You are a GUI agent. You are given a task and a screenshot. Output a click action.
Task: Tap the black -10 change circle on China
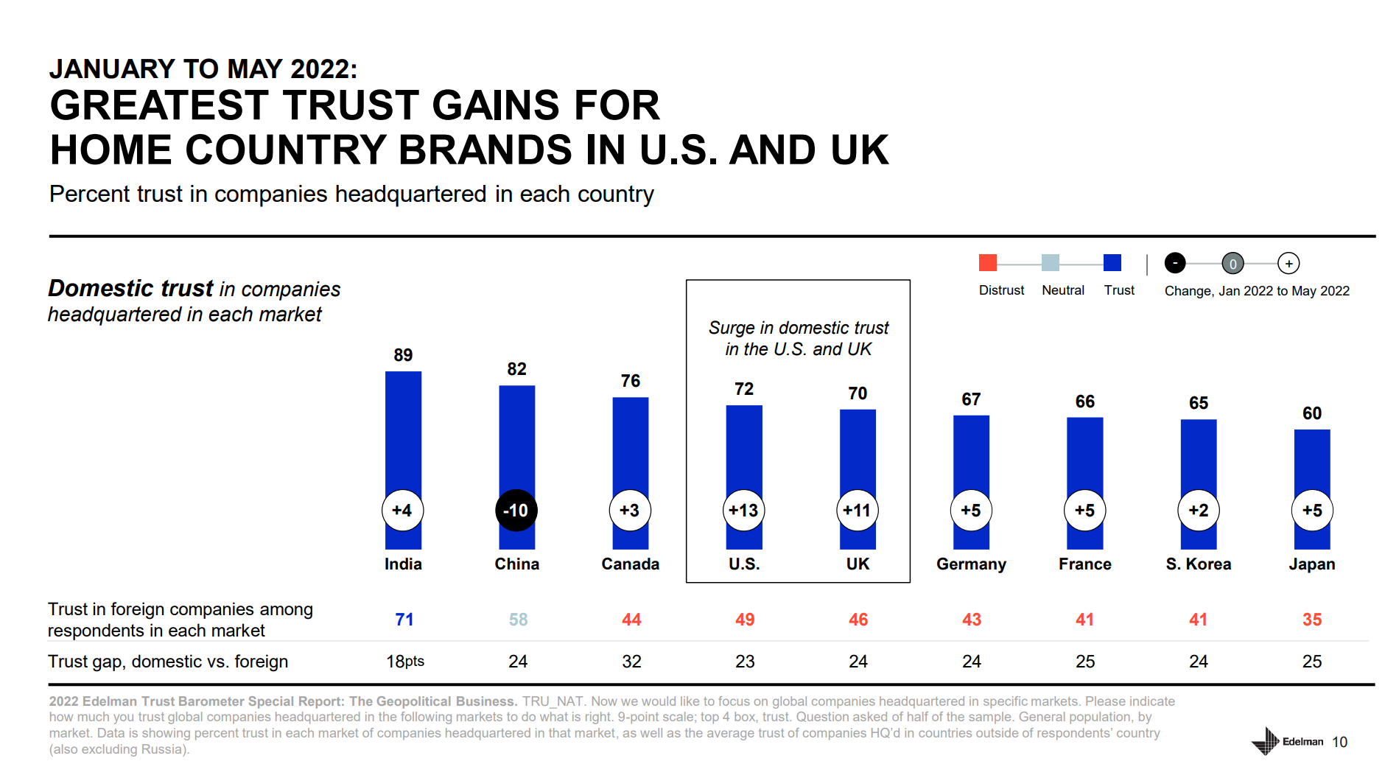pos(516,510)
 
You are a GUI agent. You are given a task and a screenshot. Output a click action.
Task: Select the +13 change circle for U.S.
pos(743,510)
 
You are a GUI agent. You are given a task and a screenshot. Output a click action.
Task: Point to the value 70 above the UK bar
pos(858,393)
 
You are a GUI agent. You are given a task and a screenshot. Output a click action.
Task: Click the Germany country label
pos(971,564)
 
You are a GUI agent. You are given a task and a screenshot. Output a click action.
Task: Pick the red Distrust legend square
pos(987,263)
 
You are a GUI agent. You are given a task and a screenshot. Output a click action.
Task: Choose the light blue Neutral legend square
pos(1051,263)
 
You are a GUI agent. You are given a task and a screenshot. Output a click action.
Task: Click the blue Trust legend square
pos(1112,263)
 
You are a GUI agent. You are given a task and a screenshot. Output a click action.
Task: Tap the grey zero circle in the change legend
pos(1233,263)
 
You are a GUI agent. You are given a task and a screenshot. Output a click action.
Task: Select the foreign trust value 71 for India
pos(404,620)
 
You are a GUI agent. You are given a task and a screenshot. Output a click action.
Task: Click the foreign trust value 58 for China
pos(518,620)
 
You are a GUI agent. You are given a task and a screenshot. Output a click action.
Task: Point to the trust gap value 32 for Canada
pos(631,662)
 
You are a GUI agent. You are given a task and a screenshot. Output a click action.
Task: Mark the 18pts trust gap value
pos(405,662)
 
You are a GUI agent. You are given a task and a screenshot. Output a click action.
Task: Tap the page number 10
pos(1339,742)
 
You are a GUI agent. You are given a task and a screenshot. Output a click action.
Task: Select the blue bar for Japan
pos(1312,457)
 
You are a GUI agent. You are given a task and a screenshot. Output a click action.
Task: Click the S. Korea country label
pos(1198,564)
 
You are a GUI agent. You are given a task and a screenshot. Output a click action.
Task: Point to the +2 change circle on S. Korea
pos(1198,510)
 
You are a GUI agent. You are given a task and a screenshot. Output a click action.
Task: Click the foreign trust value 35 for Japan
pos(1311,620)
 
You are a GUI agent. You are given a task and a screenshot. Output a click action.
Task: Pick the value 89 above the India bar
pos(403,355)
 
